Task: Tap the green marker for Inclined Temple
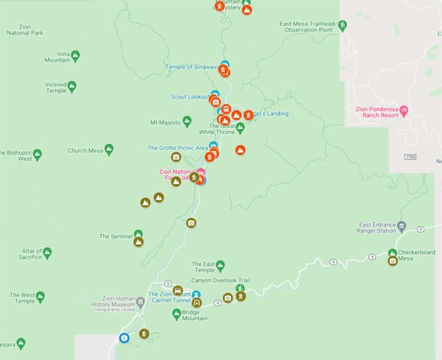coord(71,86)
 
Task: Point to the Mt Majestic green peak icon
coord(187,121)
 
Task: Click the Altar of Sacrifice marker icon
coord(47,253)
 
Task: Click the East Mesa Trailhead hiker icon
coord(343,24)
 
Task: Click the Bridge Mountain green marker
coord(177,314)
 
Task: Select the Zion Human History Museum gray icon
coord(141,301)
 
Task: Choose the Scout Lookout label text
coord(188,96)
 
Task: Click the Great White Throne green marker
coord(240,127)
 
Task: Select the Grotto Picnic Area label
coord(178,147)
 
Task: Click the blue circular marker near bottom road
coord(124,338)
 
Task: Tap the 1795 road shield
coord(410,157)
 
